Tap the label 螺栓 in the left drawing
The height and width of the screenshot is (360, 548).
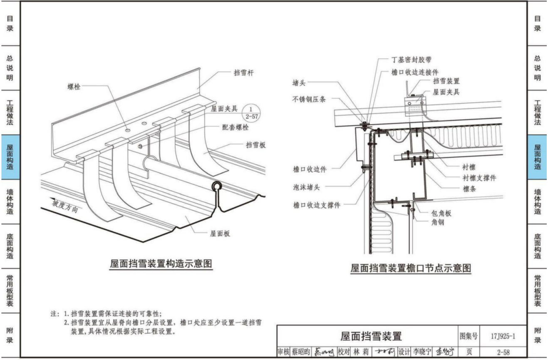tap(74, 87)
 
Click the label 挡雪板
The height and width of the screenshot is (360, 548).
tap(256, 145)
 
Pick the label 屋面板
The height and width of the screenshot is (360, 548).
tap(220, 233)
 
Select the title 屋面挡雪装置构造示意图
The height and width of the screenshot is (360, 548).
tap(161, 264)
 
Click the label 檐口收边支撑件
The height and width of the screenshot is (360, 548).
tap(316, 205)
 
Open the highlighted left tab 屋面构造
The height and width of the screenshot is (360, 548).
tap(10, 157)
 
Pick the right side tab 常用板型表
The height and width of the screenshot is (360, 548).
tap(538, 290)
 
